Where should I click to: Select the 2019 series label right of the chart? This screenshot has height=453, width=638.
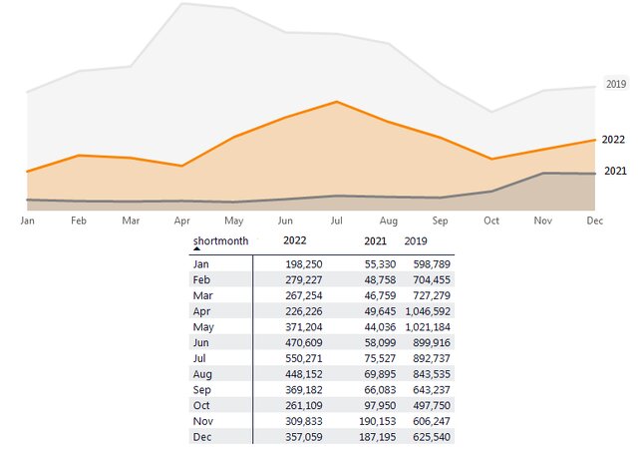615,85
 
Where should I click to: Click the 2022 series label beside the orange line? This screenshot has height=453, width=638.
615,140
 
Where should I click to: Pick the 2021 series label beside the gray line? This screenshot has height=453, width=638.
615,172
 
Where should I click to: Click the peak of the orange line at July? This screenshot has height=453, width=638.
337,102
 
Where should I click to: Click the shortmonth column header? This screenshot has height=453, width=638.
220,240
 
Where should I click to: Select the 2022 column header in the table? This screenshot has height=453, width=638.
295,240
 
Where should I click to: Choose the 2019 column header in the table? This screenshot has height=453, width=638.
416,240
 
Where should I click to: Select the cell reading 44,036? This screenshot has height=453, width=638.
370,327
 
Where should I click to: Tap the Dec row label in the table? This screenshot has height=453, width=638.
201,437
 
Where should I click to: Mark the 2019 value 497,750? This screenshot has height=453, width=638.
429,405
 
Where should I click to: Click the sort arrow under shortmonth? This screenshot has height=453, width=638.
196,249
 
